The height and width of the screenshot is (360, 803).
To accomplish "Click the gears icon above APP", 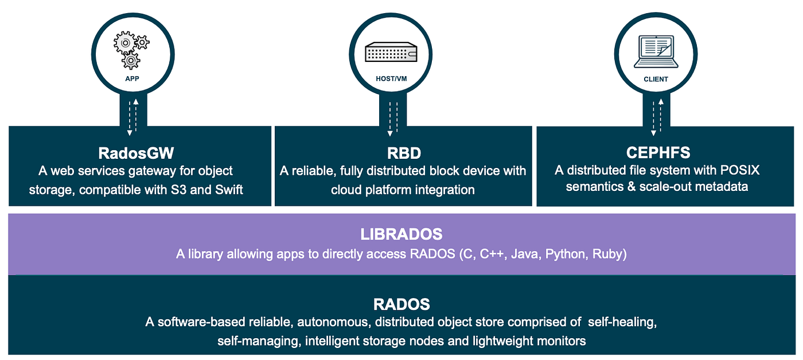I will [131, 49].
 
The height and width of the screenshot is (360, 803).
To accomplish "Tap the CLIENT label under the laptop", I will [656, 79].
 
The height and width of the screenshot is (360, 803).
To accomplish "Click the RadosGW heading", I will [135, 154].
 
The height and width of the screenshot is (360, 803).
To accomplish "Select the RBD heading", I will [403, 154].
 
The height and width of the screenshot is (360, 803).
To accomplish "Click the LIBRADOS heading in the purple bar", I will [401, 234].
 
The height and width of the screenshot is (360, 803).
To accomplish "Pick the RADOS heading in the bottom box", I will [402, 304].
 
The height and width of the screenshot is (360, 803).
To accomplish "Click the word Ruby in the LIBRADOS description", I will [609, 254].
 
